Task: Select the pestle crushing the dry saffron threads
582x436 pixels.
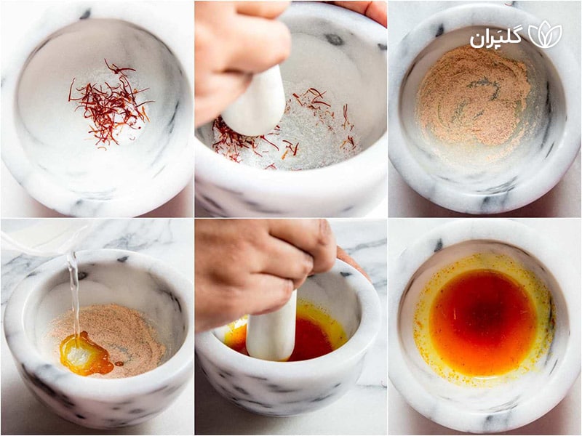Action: (255, 102)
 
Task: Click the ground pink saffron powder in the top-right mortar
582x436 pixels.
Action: (473, 94)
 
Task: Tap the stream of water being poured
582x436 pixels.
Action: (73, 291)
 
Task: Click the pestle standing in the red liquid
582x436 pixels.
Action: (271, 331)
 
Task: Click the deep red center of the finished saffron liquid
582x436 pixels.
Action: (482, 320)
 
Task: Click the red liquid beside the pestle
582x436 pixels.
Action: (313, 338)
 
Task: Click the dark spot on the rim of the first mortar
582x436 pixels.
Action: (85, 14)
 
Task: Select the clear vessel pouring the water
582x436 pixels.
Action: (36, 236)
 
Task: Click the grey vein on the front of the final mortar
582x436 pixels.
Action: (495, 418)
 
